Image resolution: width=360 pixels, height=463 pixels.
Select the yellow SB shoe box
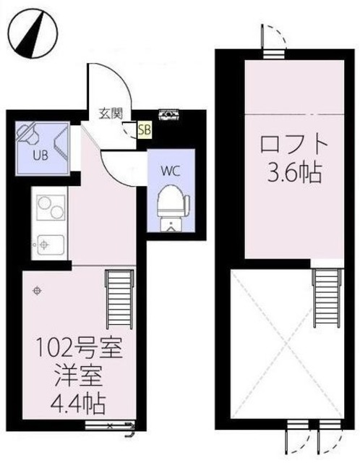pos(144,130)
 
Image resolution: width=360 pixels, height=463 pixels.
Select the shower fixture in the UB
pos(29,132)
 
